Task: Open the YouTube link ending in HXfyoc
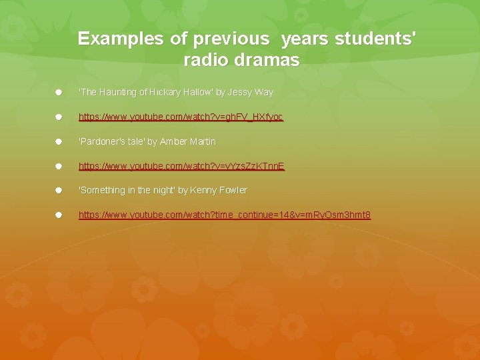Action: click(x=181, y=117)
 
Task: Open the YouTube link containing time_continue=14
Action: click(x=225, y=215)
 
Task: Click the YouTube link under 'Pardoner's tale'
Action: click(x=181, y=166)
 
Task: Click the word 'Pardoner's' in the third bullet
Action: click(x=101, y=141)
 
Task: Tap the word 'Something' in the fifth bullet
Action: click(x=102, y=190)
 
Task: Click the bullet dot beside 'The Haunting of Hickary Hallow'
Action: click(x=59, y=92)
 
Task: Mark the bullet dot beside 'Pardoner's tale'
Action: click(x=59, y=141)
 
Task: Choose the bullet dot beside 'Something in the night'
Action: click(x=59, y=190)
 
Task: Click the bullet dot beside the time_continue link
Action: click(x=59, y=215)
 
